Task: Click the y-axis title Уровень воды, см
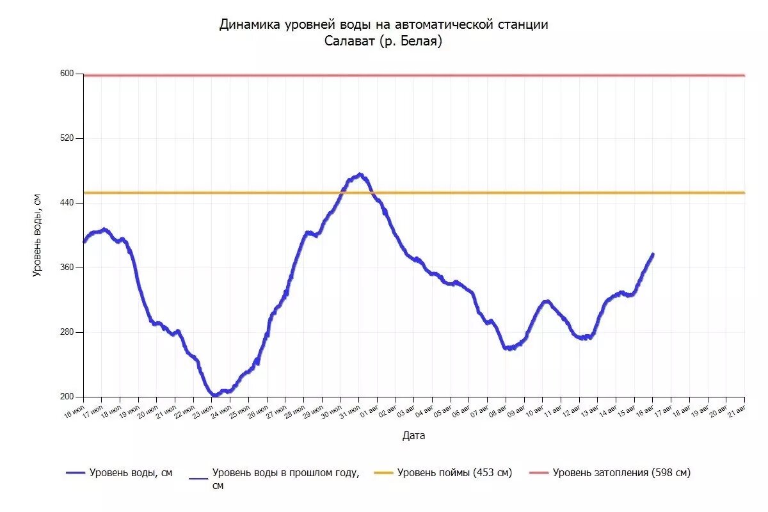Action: (37, 236)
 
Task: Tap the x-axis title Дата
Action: (413, 436)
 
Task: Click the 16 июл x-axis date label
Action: (74, 410)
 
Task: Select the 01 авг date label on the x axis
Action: (368, 410)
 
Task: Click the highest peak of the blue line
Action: (360, 174)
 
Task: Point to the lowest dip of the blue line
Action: (215, 396)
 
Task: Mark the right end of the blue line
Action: (653, 254)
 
